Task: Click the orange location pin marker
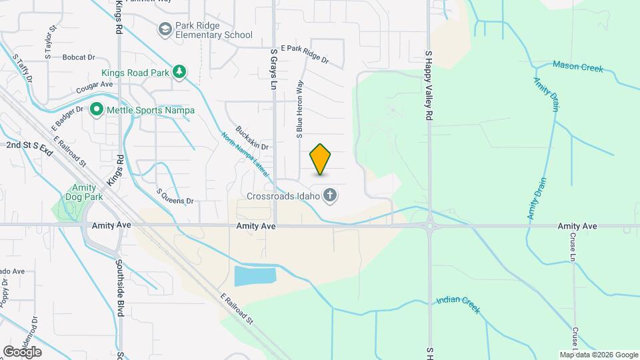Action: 321,159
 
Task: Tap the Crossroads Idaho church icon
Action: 329,195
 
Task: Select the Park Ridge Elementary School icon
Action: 164,29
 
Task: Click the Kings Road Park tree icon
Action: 179,72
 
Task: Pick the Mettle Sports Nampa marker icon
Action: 97,108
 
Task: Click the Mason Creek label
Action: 577,67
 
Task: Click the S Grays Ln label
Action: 273,69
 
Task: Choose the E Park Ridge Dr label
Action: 305,53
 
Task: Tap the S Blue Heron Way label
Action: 300,107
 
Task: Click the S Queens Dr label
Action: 175,195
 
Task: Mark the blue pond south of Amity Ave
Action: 255,277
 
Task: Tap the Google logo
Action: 22,352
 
